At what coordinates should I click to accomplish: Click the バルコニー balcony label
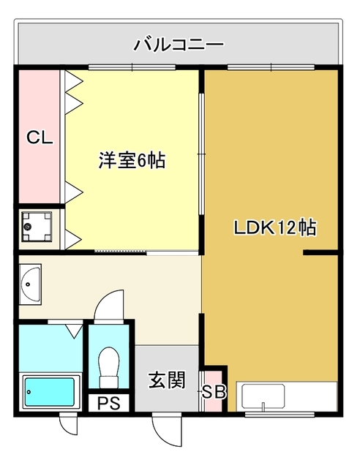coord(179,45)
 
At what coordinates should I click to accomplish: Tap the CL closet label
coord(40,137)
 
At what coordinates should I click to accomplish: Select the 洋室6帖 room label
coord(132,160)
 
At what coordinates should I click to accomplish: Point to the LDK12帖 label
coord(275,227)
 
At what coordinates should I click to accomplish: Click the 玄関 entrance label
coord(168,380)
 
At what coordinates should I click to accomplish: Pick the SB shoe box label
coord(214,392)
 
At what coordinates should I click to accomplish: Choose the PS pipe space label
coord(109,403)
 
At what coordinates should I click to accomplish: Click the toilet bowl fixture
coord(109,367)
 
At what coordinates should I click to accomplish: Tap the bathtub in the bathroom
coord(50,392)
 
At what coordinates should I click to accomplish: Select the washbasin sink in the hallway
coord(30,284)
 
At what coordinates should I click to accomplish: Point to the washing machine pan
coord(37,227)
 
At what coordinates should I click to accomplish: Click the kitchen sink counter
coord(287,396)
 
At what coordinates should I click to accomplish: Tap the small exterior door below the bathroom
coord(69,424)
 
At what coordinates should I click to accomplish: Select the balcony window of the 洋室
coord(132,67)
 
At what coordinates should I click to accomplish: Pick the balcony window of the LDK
coord(271,67)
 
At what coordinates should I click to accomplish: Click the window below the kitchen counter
coord(280,414)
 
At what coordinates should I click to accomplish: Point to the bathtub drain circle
coord(29,392)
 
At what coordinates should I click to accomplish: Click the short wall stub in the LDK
coord(320,252)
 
